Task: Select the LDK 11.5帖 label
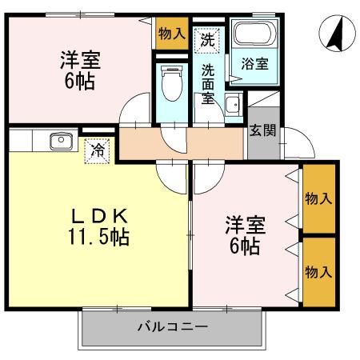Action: tap(99, 226)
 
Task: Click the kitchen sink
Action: tap(61, 142)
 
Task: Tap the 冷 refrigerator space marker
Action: tap(98, 148)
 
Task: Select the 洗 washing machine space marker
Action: tap(207, 38)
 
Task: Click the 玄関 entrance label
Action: tap(262, 130)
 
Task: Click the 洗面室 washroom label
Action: tap(207, 84)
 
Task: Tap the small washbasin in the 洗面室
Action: tap(232, 104)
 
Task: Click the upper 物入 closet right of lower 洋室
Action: tap(318, 198)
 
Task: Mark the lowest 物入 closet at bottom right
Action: tap(318, 271)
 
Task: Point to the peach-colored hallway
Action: tap(180, 143)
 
